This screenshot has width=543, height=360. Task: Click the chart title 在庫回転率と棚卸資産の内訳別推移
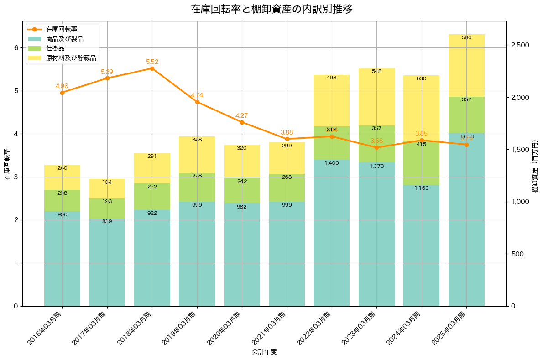271,9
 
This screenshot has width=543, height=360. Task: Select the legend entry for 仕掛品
55,48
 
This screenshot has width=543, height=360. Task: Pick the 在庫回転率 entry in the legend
61,29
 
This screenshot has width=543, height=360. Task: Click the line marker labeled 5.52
152,68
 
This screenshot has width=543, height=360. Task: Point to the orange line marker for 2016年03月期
62,93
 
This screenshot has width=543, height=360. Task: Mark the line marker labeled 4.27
242,122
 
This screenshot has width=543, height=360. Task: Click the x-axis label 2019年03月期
181,327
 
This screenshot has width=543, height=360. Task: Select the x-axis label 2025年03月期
450,327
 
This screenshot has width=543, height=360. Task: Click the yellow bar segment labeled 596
466,65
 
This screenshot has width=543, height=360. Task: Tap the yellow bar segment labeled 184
107,188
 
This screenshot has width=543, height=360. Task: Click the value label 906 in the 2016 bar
62,214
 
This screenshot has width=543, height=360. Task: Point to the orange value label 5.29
107,72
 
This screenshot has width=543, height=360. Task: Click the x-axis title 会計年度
264,352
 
